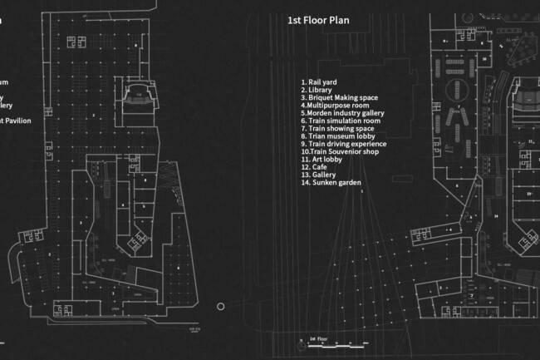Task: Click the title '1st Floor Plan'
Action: pos(319,19)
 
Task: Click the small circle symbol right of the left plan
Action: pos(221,307)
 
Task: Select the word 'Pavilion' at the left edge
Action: pos(19,121)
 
